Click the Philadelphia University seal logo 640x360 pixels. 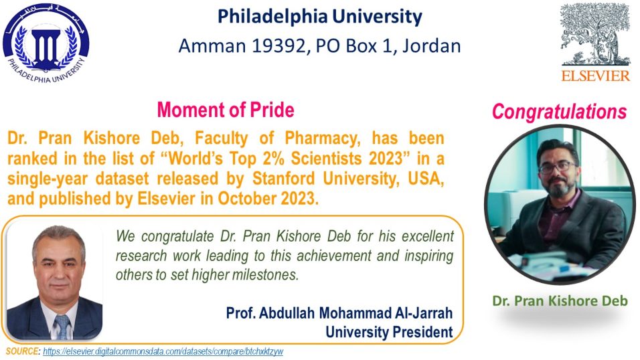coord(46,43)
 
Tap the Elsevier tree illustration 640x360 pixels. coord(595,35)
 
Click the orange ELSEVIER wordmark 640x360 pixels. coord(596,76)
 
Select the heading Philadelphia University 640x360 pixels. coord(319,17)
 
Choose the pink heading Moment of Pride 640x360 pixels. coord(226,110)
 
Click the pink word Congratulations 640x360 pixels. coord(559,112)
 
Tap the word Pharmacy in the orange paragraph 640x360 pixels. coord(323,139)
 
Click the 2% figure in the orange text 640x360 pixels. coord(270,159)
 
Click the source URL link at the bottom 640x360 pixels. coord(163,351)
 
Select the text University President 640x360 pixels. coord(389,332)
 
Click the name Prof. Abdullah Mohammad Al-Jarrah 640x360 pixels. coord(339,313)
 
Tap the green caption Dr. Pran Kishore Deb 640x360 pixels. coord(560,301)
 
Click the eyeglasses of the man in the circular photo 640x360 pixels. coord(558,167)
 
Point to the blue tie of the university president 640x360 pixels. coord(62,326)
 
